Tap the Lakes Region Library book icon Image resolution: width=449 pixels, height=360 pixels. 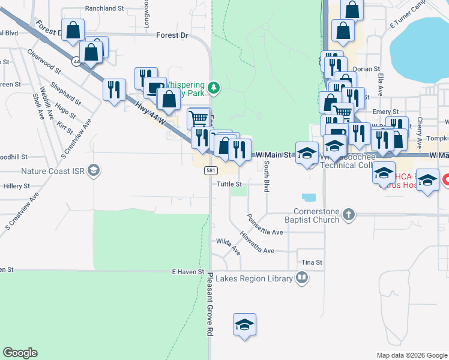(302, 278)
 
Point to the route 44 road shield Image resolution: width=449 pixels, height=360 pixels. (76, 61)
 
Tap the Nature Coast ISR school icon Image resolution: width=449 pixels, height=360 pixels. (93, 172)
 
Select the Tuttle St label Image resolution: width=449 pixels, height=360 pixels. (229, 184)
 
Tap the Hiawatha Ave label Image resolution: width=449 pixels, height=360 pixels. (257, 242)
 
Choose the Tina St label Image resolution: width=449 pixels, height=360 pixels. (312, 263)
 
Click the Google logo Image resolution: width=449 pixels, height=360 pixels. (20, 353)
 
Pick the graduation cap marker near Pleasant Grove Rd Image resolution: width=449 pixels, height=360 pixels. (244, 325)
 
